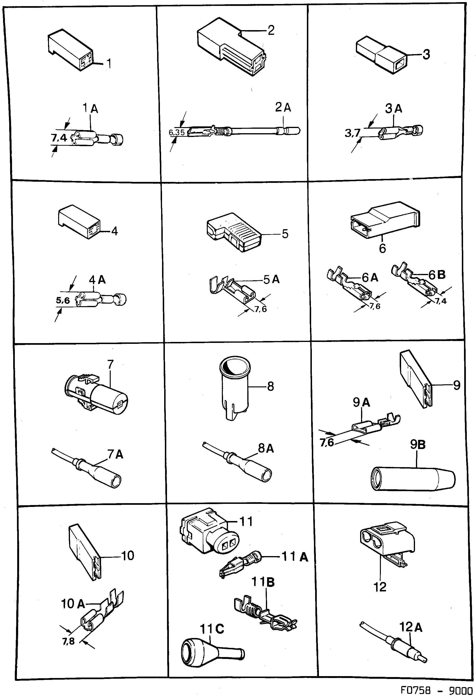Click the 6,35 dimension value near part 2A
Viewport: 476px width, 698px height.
click(177, 132)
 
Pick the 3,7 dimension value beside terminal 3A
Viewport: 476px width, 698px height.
click(352, 133)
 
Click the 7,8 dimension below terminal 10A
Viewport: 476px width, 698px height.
click(68, 641)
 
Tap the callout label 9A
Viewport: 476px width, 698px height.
click(361, 402)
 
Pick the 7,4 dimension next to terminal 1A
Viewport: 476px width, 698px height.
click(59, 138)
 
